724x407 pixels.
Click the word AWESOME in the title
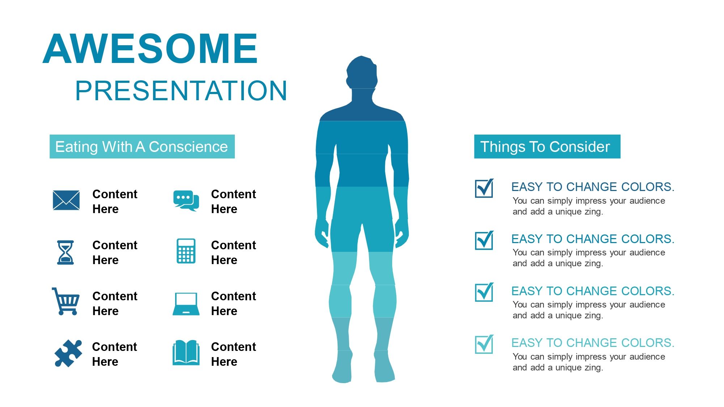[150, 48]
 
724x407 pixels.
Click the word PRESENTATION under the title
[181, 90]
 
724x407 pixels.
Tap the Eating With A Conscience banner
[142, 147]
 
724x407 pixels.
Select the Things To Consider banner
[547, 147]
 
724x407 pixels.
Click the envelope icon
[66, 200]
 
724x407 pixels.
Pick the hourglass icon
[65, 253]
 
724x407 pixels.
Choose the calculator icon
[186, 251]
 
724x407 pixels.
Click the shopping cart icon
[66, 301]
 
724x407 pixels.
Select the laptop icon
[186, 304]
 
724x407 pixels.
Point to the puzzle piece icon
[68, 353]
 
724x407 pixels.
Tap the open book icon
[186, 353]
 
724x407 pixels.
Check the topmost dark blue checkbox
[484, 188]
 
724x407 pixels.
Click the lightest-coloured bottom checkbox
[484, 344]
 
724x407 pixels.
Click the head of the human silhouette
[362, 72]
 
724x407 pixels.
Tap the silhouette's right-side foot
[385, 367]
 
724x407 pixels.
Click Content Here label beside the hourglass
[115, 253]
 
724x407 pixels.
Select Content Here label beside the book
[233, 354]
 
